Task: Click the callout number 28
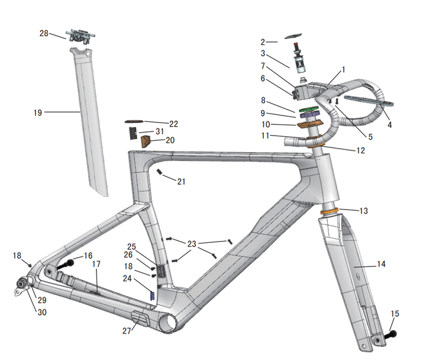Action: (44, 33)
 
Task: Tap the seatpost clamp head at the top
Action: (80, 36)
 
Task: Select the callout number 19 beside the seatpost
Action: (38, 112)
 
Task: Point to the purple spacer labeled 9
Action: (309, 115)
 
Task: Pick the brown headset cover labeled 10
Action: (309, 124)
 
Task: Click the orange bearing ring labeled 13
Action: (330, 211)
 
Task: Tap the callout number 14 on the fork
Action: (381, 263)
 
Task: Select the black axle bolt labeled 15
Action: (390, 335)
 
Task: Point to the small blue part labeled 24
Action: (153, 296)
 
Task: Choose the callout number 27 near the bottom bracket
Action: (127, 330)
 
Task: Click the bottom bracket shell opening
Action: (167, 322)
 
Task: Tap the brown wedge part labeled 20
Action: (146, 141)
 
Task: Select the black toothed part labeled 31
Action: (133, 133)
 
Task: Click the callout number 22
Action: (173, 124)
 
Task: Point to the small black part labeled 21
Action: (160, 172)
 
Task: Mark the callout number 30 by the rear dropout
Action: (42, 312)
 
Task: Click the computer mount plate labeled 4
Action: (369, 101)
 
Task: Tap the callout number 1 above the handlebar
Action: (343, 70)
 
